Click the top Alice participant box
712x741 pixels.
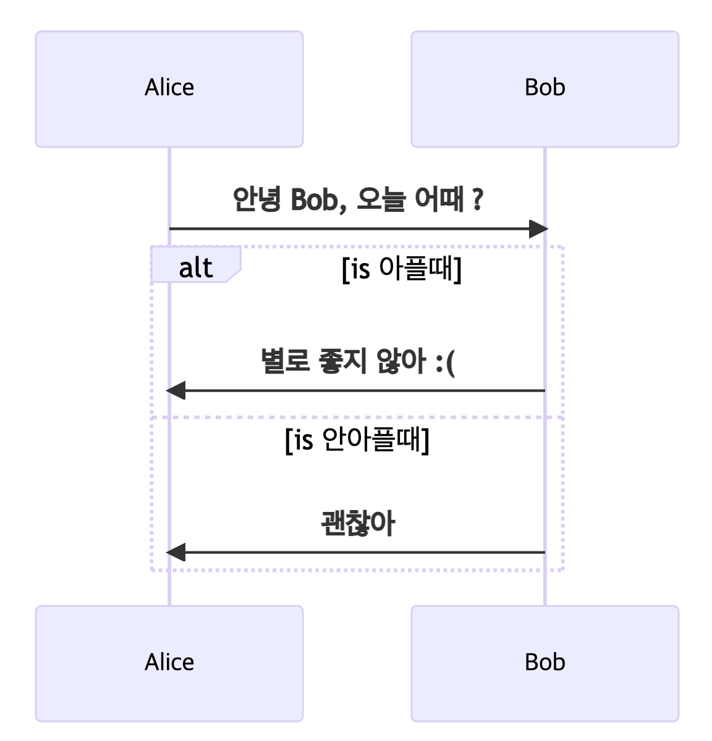tap(169, 89)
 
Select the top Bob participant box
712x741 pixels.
tap(545, 89)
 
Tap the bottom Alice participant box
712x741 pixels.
tap(169, 663)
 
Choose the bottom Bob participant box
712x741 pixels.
tap(545, 663)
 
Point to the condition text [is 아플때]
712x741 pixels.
tap(402, 269)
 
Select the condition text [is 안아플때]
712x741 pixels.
tap(357, 440)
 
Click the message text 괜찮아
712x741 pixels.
tap(357, 524)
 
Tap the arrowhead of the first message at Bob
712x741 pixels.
tap(538, 229)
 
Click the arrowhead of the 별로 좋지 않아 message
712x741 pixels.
tap(176, 390)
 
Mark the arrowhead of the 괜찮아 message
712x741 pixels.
tap(176, 552)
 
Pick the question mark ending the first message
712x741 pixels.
tap(477, 199)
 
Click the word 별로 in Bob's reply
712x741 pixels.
tap(284, 361)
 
